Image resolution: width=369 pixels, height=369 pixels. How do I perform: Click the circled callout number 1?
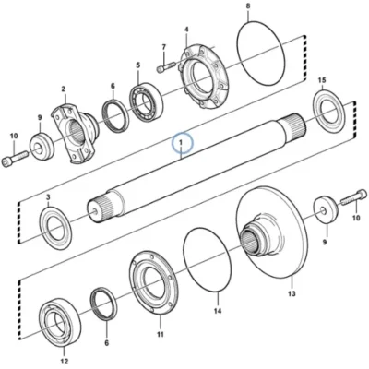tap(182, 143)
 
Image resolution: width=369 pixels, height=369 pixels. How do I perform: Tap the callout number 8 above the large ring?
tap(248, 6)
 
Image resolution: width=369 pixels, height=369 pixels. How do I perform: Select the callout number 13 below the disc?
tap(292, 293)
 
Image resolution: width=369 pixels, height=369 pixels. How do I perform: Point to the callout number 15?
tap(322, 80)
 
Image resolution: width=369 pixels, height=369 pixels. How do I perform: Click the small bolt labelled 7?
tap(166, 67)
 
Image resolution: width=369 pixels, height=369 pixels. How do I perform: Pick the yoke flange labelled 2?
tap(76, 133)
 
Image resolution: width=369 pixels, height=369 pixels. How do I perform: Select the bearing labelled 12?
tap(60, 322)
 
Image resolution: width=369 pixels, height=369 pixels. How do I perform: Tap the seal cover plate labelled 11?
tap(154, 282)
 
